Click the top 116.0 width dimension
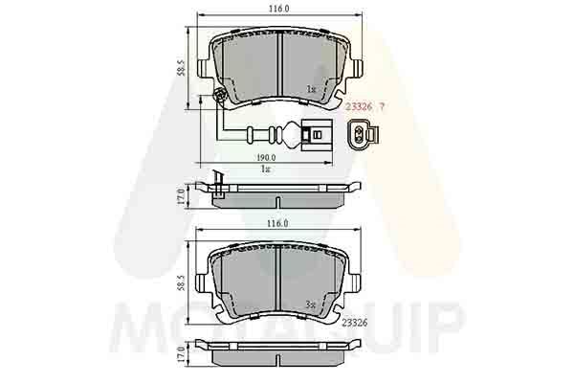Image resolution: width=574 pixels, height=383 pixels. coord(278,8)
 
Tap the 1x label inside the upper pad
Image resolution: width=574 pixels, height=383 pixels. coord(311,89)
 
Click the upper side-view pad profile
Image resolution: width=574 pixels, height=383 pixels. coord(278,193)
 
